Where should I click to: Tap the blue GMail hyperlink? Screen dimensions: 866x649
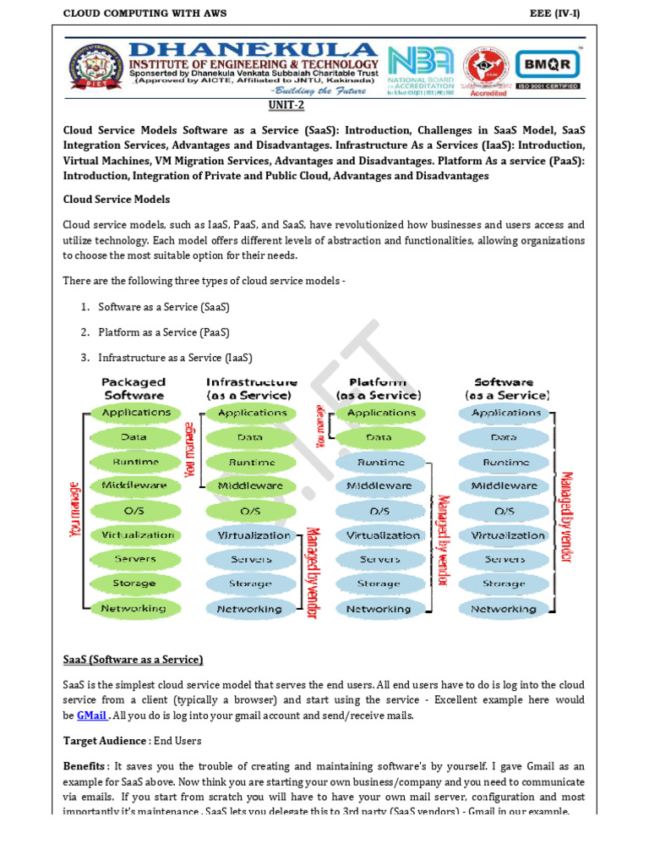(92, 715)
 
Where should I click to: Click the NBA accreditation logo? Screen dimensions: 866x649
(420, 69)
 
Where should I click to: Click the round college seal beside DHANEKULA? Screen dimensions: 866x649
(95, 69)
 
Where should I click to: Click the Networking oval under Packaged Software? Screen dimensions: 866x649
(134, 608)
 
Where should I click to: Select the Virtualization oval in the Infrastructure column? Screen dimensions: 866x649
(253, 535)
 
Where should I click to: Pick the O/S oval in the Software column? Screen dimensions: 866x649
(504, 511)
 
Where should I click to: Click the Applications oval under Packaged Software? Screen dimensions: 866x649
(135, 413)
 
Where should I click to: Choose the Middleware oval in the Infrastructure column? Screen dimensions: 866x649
(250, 486)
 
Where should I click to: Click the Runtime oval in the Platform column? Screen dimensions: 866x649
(380, 462)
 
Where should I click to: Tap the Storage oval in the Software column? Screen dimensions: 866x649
(504, 584)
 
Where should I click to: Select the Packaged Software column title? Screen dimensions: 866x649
(134, 388)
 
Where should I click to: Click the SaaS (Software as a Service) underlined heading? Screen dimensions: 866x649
(133, 660)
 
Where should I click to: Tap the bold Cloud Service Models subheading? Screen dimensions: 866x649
(117, 200)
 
